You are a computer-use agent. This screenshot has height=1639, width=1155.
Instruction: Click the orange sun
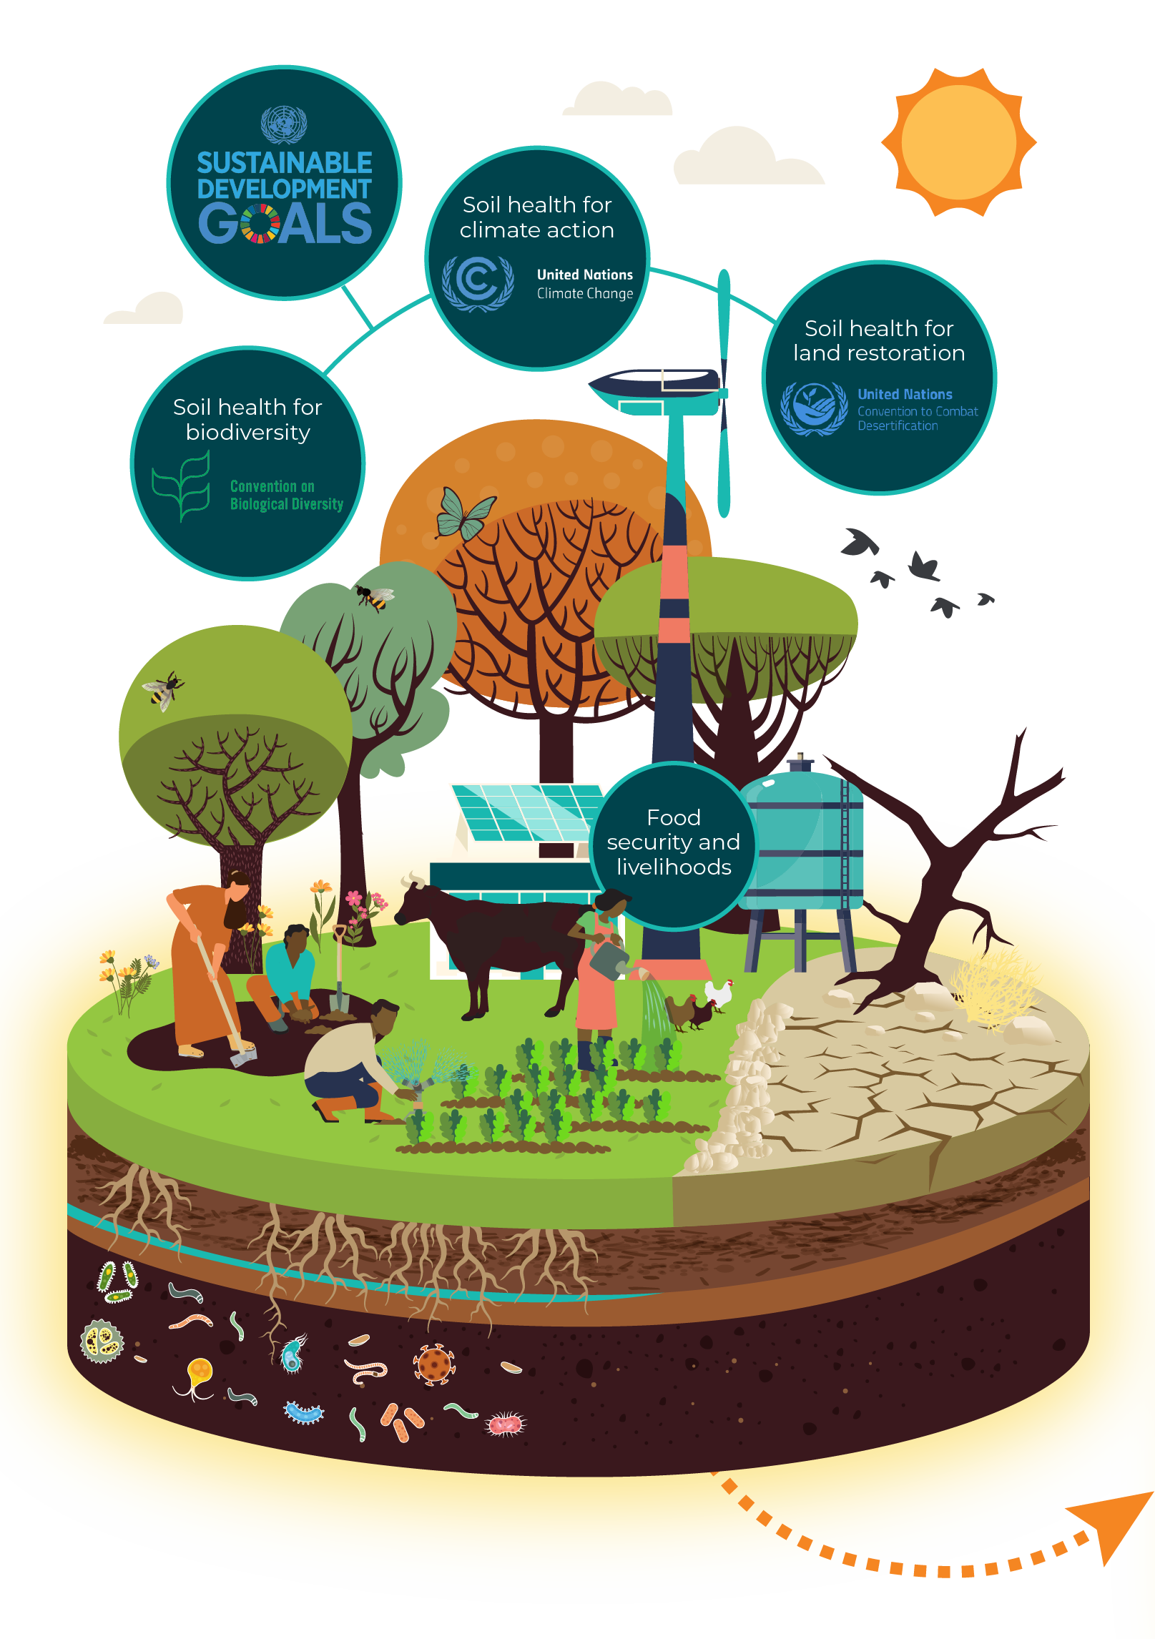(x=958, y=142)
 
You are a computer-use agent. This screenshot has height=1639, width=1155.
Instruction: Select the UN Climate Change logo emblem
(x=477, y=282)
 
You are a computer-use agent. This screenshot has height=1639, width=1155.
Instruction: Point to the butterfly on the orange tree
(x=464, y=514)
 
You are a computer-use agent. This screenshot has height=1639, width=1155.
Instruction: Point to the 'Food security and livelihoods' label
(x=673, y=842)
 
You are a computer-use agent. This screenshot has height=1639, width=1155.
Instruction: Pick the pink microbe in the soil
(x=506, y=1424)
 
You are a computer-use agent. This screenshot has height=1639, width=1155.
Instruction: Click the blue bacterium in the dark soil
(x=304, y=1413)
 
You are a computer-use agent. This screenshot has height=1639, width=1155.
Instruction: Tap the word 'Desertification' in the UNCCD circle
(x=898, y=426)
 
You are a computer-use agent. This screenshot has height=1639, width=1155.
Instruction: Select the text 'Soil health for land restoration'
(x=879, y=340)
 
